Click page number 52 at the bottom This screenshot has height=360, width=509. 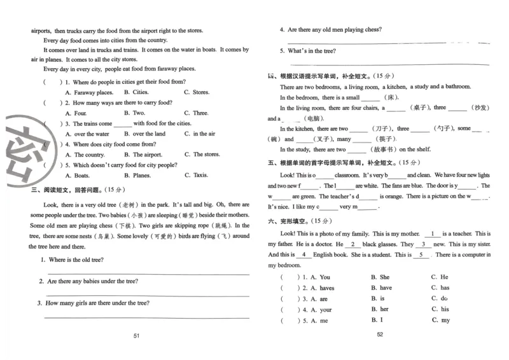pyautogui.click(x=380, y=335)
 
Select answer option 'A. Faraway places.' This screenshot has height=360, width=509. pyautogui.click(x=89, y=92)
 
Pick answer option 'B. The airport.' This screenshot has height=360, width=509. pyautogui.click(x=143, y=155)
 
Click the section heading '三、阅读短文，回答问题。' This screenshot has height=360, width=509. pyautogui.click(x=70, y=189)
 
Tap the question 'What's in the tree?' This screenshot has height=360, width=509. pyautogui.click(x=312, y=51)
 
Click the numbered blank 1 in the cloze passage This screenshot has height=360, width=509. pyautogui.click(x=433, y=234)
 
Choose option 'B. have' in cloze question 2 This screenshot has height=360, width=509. pyautogui.click(x=381, y=288)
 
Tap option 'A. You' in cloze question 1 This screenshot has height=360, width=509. pyautogui.click(x=321, y=277)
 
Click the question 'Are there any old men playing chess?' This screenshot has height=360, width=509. pyautogui.click(x=335, y=29)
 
